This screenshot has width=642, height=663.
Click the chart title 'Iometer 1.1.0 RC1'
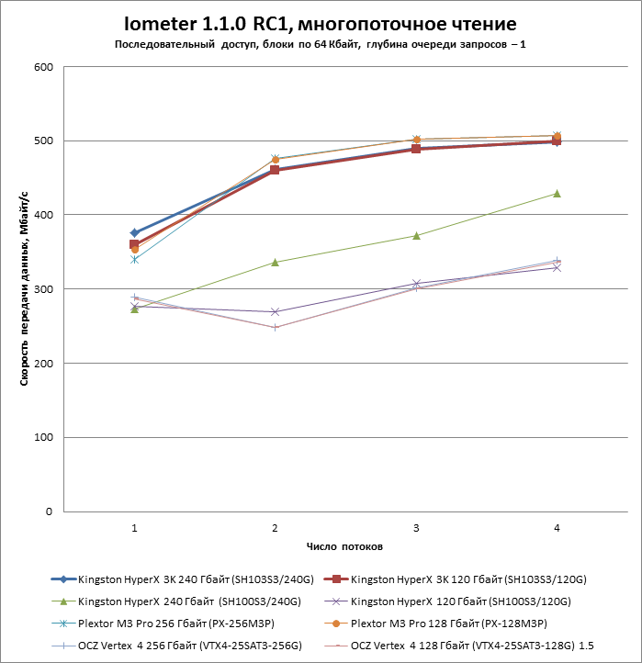(x=321, y=23)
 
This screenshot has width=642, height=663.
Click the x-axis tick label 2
(x=275, y=528)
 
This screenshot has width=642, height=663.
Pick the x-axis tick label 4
(x=557, y=528)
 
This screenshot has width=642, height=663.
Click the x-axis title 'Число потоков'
(x=345, y=545)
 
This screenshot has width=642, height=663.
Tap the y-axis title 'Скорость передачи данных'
(x=26, y=288)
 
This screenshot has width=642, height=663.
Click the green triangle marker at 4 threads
(x=557, y=194)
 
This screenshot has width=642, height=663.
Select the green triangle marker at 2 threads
(x=275, y=263)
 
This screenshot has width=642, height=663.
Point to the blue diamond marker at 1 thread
(x=135, y=233)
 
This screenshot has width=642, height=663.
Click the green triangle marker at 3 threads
(x=416, y=236)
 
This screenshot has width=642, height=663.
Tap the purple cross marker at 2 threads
(x=275, y=312)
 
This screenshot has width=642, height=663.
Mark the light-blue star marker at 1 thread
(x=135, y=260)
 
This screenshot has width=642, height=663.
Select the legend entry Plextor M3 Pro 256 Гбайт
(x=183, y=624)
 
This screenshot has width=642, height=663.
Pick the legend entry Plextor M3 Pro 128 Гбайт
(x=456, y=624)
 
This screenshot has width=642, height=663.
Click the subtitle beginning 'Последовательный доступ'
(x=321, y=44)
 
